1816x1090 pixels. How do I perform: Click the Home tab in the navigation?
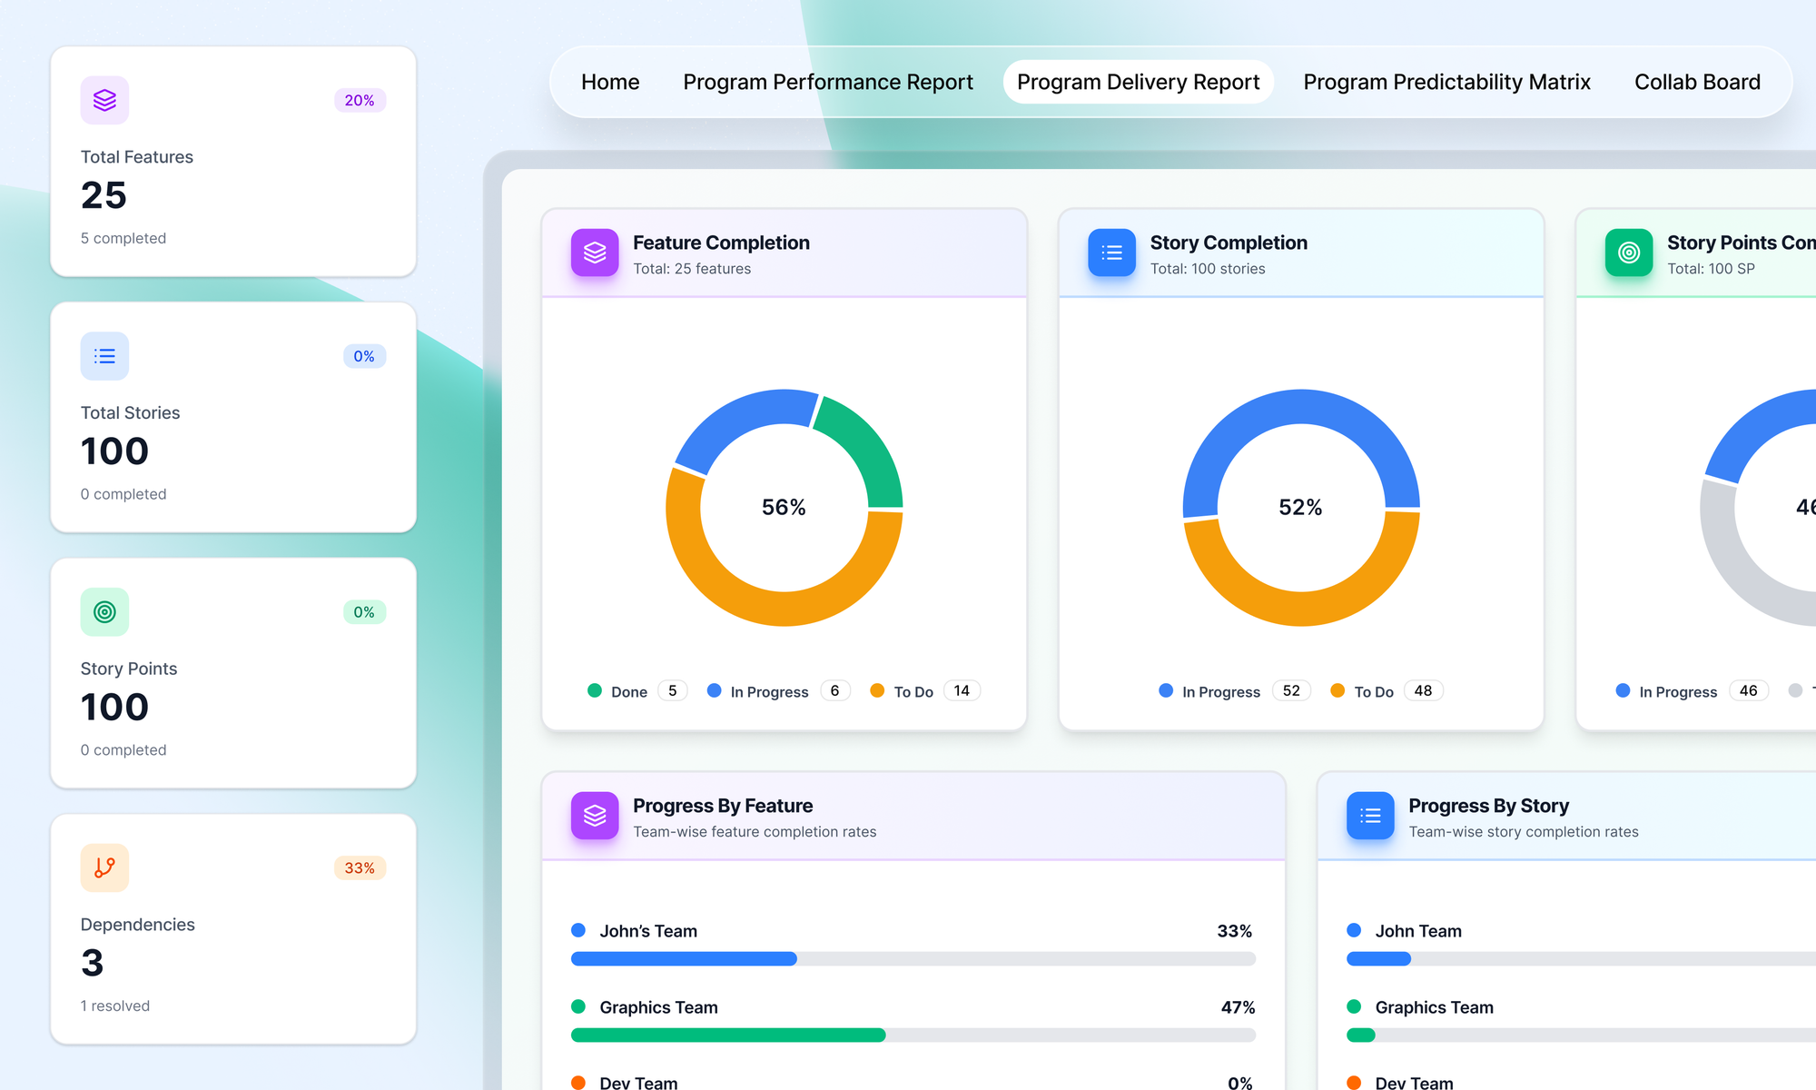click(x=610, y=83)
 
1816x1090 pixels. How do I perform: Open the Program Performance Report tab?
click(x=827, y=83)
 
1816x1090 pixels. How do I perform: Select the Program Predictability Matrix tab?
click(x=1446, y=83)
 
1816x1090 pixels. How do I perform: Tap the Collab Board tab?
click(x=1697, y=83)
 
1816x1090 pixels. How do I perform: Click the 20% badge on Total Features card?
click(x=360, y=101)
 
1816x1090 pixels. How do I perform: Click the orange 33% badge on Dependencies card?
click(x=360, y=868)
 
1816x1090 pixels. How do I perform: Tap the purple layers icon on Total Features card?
click(x=104, y=101)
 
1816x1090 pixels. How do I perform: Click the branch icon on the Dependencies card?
click(x=104, y=868)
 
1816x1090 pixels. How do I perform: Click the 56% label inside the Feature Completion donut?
click(x=784, y=507)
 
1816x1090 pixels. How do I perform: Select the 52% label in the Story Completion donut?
click(x=1300, y=507)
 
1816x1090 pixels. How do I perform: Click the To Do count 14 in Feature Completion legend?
click(x=962, y=691)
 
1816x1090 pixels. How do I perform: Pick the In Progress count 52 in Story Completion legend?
click(x=1291, y=691)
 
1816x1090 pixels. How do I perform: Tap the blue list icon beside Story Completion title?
click(x=1111, y=253)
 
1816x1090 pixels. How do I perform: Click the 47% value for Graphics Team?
click(x=1238, y=1007)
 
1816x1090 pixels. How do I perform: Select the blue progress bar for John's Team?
click(x=684, y=958)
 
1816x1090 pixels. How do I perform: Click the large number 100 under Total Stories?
click(x=114, y=451)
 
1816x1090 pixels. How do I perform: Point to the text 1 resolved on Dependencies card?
click(x=115, y=1006)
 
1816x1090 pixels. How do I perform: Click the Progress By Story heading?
click(x=1488, y=806)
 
